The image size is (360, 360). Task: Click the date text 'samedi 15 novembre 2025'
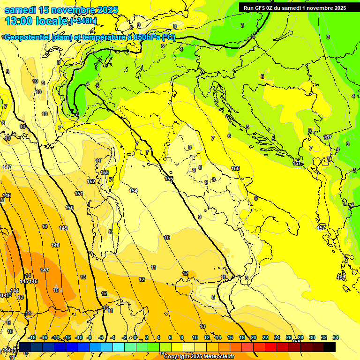pyautogui.click(x=61, y=10)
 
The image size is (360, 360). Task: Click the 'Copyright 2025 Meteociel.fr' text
pyautogui.click(x=199, y=356)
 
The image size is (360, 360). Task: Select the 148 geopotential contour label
pyautogui.click(x=55, y=245)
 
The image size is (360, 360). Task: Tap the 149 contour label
pyautogui.click(x=63, y=228)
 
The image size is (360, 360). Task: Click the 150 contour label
pyautogui.click(x=69, y=208)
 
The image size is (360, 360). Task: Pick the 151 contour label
pyautogui.click(x=79, y=194)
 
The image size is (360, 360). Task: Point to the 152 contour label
pyautogui.click(x=91, y=181)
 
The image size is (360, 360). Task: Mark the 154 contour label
pyautogui.click(x=133, y=191)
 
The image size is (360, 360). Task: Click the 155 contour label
pyautogui.click(x=169, y=179)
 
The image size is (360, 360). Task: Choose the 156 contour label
pyautogui.click(x=235, y=168)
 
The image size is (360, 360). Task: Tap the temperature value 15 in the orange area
pyautogui.click(x=56, y=290)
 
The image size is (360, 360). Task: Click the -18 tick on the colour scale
pyautogui.click(x=32, y=337)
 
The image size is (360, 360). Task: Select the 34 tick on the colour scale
pyautogui.click(x=335, y=337)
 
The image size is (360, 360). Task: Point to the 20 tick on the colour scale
pyautogui.click(x=254, y=337)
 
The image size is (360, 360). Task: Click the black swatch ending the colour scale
pyautogui.click(x=330, y=347)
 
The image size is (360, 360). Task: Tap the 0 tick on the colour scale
pyautogui.click(x=135, y=337)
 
